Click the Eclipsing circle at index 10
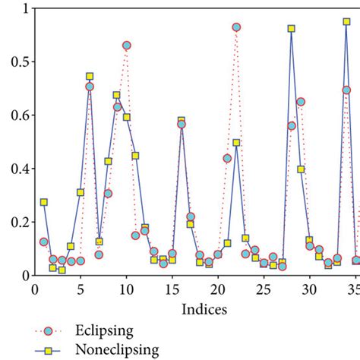(x=126, y=46)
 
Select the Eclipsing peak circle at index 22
(x=236, y=27)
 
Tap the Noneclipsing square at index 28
(x=292, y=29)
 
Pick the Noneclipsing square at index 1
(x=44, y=202)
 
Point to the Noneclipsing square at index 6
(x=90, y=77)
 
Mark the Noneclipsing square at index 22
(x=236, y=143)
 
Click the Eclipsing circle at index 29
(x=301, y=102)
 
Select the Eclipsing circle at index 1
(x=44, y=242)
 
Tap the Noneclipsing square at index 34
(x=346, y=22)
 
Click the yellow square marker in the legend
(x=47, y=350)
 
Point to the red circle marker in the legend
(x=47, y=331)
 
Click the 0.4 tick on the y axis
(x=17, y=168)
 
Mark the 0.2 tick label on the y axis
(x=17, y=222)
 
